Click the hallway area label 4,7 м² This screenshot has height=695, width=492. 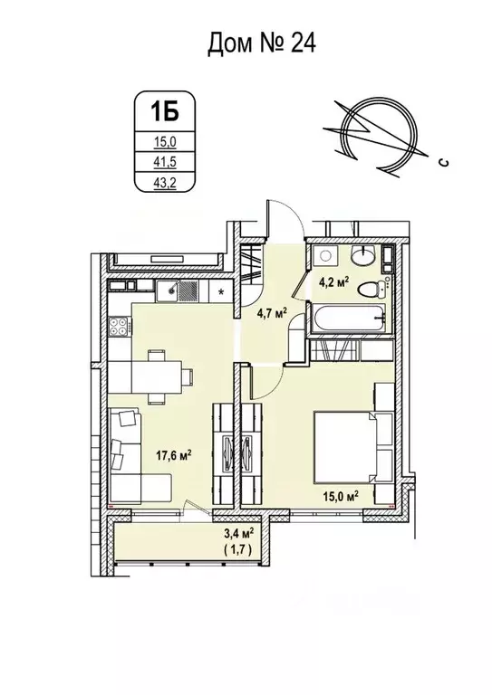pos(271,313)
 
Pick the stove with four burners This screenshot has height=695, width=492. pos(119,328)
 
